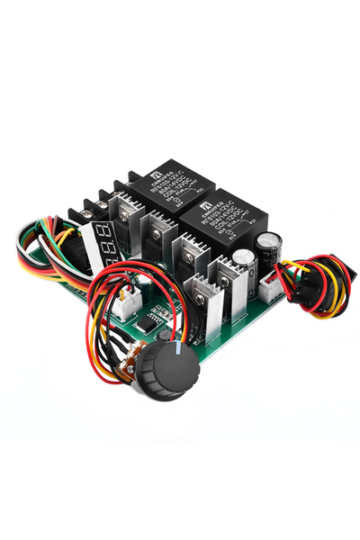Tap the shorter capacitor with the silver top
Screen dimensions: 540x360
pos(243,265)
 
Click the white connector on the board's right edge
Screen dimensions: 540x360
pos(269,286)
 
